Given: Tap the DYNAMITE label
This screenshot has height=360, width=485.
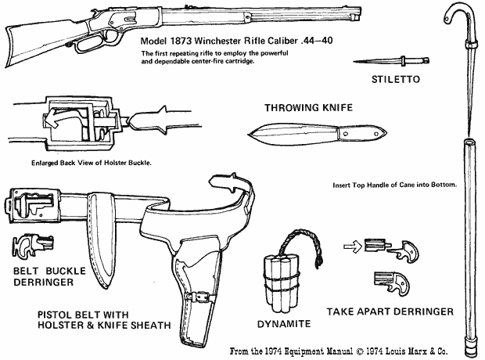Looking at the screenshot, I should [283, 322].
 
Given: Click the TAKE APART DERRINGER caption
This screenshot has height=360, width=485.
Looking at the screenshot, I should [390, 311].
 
